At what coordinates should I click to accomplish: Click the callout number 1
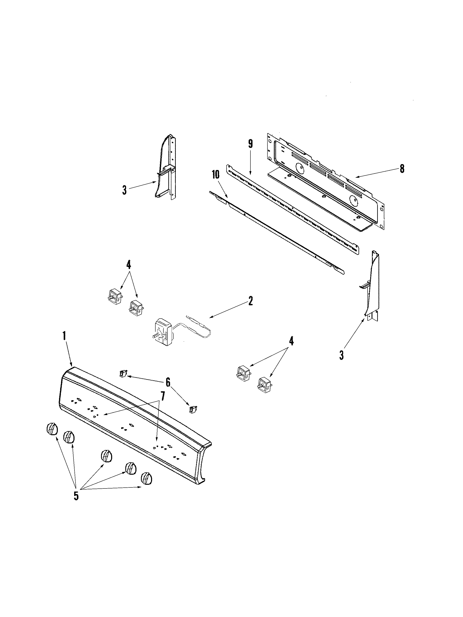click(64, 336)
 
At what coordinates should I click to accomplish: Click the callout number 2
click(250, 301)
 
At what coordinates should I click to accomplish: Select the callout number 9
click(250, 144)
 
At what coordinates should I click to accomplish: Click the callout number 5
click(76, 496)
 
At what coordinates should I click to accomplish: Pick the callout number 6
click(168, 382)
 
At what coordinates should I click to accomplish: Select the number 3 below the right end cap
click(342, 355)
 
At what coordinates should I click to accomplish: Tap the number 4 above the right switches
click(291, 341)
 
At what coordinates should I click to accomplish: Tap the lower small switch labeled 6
click(192, 409)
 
